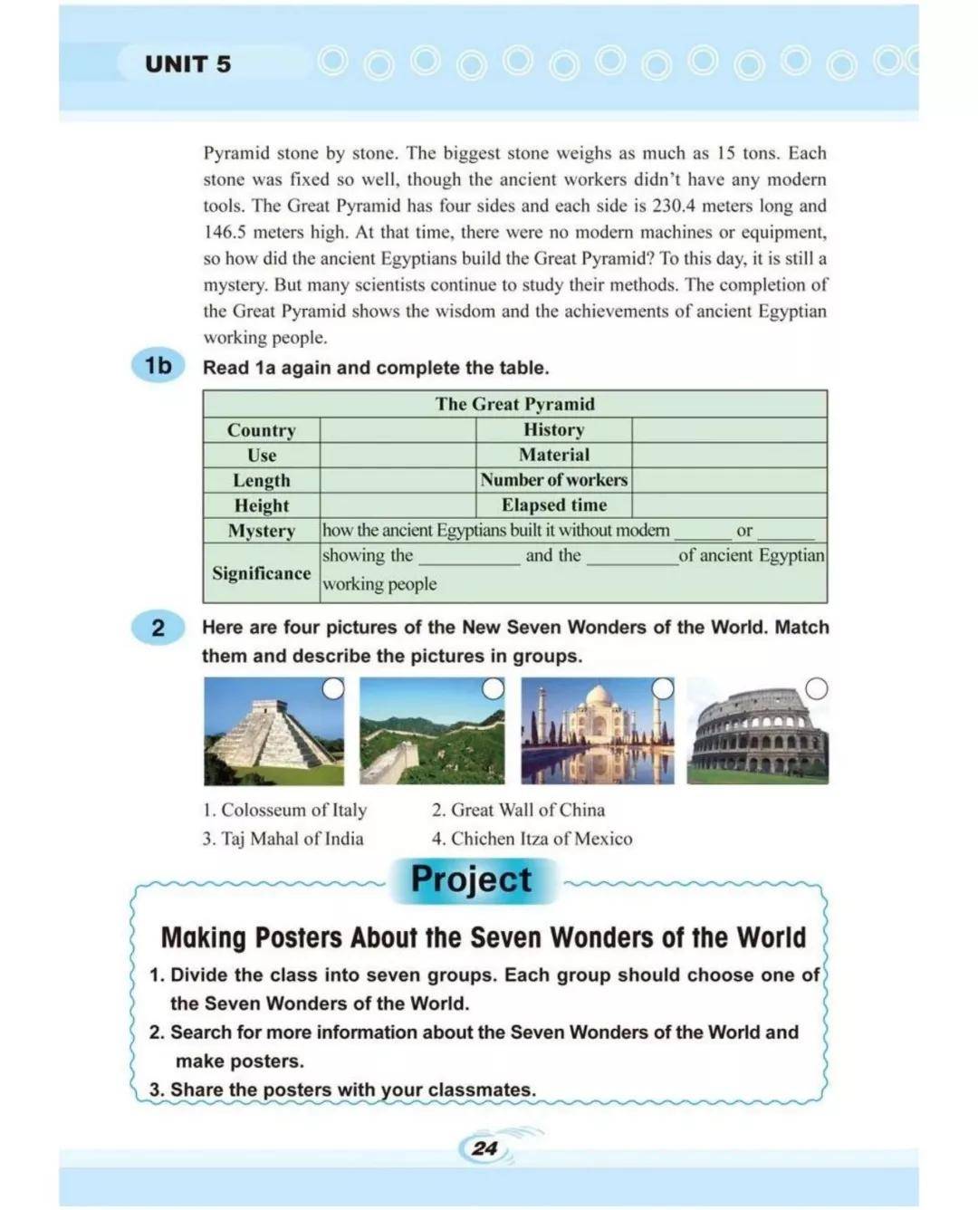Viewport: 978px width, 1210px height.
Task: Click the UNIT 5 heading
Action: pos(188,64)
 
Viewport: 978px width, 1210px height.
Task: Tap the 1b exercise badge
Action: pos(158,365)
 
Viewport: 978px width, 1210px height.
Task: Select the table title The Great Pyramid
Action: pos(514,404)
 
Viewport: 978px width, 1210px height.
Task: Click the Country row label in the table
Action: pos(261,430)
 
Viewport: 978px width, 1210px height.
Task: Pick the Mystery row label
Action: pos(261,531)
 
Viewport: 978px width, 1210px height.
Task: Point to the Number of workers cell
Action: pos(553,480)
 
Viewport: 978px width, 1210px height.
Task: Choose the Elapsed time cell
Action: pos(553,505)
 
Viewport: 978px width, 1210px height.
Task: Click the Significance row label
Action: pos(261,573)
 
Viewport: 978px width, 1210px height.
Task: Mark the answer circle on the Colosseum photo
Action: pos(816,689)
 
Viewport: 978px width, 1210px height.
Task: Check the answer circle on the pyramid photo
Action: pos(333,689)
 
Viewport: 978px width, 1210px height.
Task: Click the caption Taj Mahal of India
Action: pos(283,839)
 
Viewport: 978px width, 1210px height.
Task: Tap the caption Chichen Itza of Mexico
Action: pos(532,839)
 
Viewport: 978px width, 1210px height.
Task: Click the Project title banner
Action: pos(472,879)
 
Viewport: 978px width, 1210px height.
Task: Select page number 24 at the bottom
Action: pos(484,1148)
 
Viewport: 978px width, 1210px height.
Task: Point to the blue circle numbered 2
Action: pos(158,628)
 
